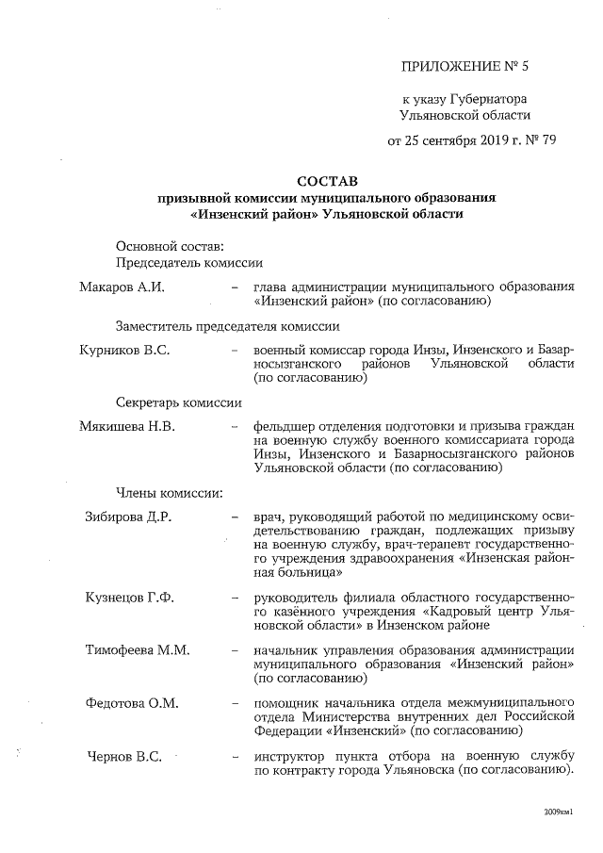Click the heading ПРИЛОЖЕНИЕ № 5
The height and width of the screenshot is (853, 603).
tap(466, 66)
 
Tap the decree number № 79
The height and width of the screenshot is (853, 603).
tap(542, 142)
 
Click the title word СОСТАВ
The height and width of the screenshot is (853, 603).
tap(326, 181)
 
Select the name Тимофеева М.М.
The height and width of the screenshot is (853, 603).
tap(137, 650)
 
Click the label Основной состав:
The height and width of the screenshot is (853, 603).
tap(163, 246)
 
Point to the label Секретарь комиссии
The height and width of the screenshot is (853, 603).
tap(179, 402)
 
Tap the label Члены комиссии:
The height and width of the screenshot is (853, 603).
tap(169, 493)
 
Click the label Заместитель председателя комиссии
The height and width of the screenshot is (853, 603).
tap(227, 326)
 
